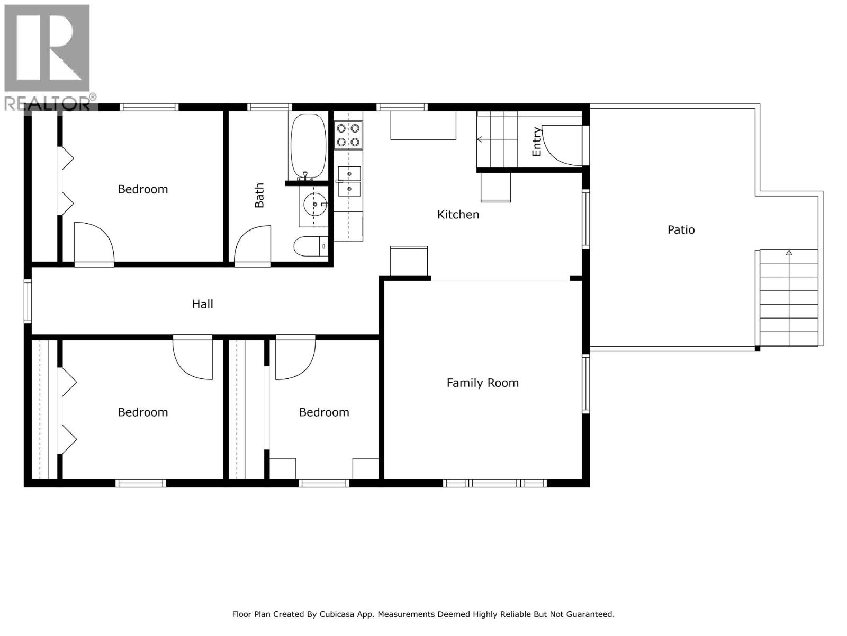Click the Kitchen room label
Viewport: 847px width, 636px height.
458,215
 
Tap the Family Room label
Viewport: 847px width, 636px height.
482,383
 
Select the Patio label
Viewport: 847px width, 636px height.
681,229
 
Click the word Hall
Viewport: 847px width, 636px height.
202,304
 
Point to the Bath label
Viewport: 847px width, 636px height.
259,196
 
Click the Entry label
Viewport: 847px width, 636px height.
537,142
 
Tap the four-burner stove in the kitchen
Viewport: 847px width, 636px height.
348,135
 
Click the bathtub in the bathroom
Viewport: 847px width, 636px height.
308,146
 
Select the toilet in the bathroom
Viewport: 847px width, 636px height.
310,246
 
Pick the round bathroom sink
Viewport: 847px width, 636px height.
315,204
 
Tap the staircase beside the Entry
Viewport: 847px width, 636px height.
497,139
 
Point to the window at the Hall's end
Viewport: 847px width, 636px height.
28,301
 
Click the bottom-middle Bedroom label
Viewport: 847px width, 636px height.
324,412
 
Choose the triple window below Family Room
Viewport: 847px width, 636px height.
495,483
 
